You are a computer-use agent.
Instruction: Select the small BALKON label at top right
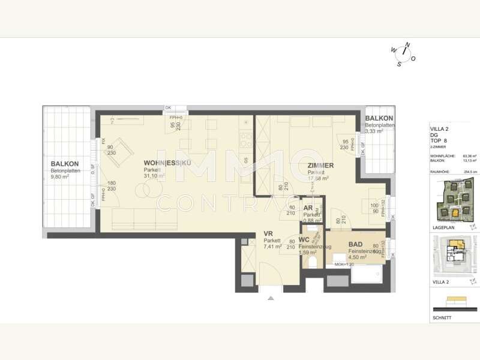pos(379,119)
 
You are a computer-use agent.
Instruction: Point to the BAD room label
pos(355,245)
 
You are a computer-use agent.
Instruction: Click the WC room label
pos(304,240)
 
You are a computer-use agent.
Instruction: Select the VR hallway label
pos(268,233)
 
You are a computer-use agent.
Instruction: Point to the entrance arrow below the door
pos(271,298)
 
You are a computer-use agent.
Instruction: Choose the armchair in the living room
pos(120,150)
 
